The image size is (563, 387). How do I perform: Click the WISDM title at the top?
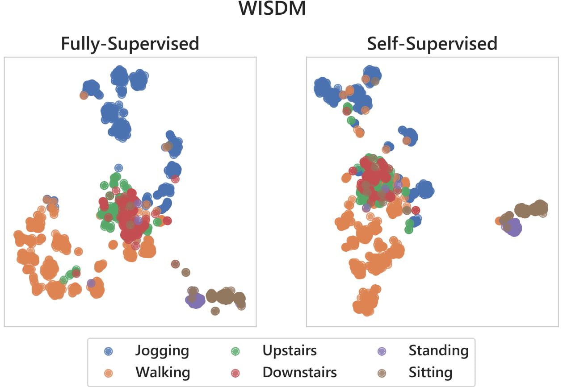(x=272, y=9)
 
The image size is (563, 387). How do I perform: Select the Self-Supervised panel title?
(x=432, y=44)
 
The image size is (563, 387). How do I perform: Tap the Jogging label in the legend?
(x=162, y=351)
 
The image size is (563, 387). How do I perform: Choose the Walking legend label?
(x=163, y=372)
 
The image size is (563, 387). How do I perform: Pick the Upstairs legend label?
(x=290, y=351)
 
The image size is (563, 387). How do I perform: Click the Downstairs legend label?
(x=299, y=372)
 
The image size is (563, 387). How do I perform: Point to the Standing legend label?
(x=438, y=351)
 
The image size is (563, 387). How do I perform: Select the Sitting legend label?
(x=430, y=372)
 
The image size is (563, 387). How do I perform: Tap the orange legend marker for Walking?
(x=108, y=372)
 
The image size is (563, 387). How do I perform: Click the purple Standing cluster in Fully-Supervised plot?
(x=196, y=301)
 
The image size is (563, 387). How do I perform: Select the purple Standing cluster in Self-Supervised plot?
(x=514, y=228)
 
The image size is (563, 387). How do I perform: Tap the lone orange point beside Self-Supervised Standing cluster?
(x=499, y=221)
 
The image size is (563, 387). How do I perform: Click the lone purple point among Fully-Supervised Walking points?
(x=91, y=283)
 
